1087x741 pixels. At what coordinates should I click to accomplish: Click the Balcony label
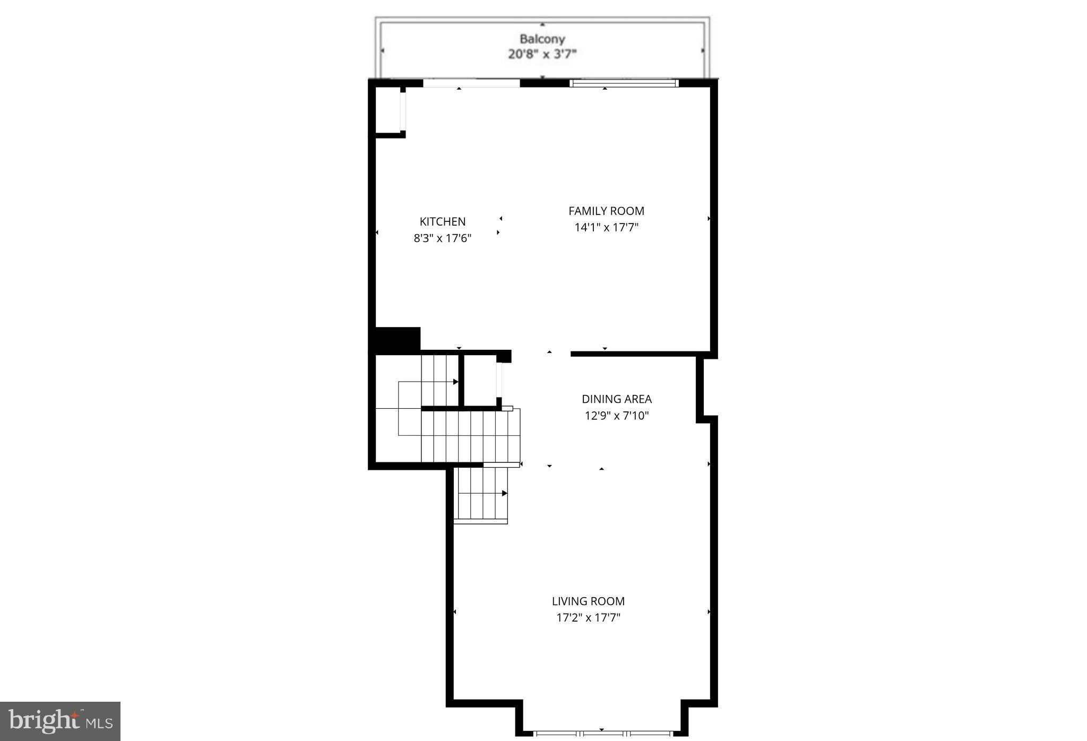[x=542, y=39]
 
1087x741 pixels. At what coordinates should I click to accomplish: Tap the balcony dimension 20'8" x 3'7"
[x=542, y=54]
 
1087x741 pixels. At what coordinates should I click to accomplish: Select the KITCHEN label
[x=442, y=222]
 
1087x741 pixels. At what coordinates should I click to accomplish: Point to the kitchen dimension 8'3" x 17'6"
[x=442, y=238]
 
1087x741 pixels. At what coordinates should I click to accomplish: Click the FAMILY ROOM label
[x=606, y=211]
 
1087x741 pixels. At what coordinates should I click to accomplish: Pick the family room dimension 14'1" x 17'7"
[x=606, y=228]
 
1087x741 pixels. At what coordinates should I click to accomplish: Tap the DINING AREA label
[x=616, y=399]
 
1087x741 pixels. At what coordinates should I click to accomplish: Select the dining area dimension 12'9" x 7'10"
[x=616, y=416]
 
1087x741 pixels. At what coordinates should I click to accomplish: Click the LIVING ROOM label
[x=588, y=601]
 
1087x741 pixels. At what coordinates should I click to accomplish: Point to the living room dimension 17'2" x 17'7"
[x=588, y=618]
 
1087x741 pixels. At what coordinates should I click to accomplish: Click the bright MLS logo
[x=60, y=721]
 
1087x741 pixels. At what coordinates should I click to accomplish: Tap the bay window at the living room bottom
[x=602, y=734]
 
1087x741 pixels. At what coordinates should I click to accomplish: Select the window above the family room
[x=624, y=83]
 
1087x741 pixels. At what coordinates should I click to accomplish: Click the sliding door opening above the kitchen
[x=471, y=83]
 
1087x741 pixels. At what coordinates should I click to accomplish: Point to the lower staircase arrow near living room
[x=504, y=494]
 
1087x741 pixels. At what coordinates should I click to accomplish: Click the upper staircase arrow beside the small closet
[x=455, y=382]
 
